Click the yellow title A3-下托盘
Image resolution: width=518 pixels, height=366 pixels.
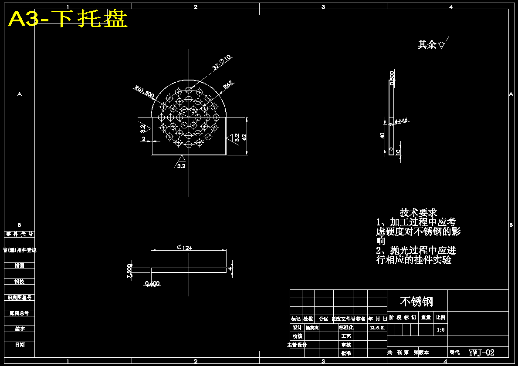coord(68,19)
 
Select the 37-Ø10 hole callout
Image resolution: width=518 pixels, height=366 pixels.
coord(222,62)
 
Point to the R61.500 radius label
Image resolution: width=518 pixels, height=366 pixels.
coord(144,92)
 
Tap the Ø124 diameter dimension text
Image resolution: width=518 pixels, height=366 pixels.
coord(184,247)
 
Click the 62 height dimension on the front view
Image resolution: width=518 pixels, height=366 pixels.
coord(244,137)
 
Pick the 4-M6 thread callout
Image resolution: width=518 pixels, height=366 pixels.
coord(401,121)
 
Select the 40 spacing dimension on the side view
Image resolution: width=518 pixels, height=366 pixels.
coord(382,136)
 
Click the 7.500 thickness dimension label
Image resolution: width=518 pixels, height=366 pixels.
coord(129,270)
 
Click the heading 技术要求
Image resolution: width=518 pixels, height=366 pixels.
coord(418,213)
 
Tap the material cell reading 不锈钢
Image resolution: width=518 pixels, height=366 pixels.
coord(416,301)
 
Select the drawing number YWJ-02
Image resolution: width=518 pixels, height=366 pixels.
coord(481,353)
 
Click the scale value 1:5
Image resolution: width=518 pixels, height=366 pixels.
coord(441,330)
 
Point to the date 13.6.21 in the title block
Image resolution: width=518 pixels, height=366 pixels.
coord(377,328)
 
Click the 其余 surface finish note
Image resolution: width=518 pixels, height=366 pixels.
coord(427,44)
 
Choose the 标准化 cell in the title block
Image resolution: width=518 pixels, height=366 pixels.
coord(346,328)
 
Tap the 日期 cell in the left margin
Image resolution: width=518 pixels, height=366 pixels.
coord(20,345)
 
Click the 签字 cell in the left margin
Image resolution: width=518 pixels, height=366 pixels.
coord(20,329)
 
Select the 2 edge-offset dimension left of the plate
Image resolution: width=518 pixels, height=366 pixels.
coord(143,139)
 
